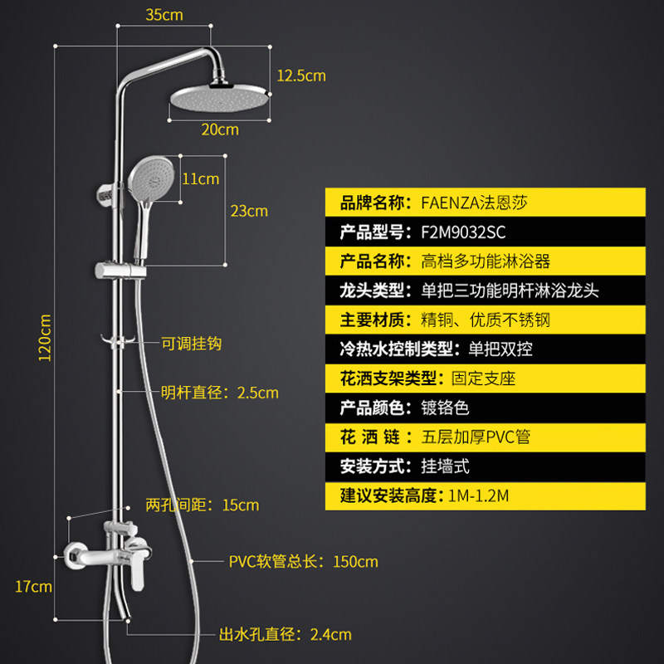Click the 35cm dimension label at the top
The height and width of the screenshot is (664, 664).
click(x=164, y=15)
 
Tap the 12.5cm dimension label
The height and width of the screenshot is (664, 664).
click(x=300, y=76)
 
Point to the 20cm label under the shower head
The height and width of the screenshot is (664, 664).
click(x=220, y=129)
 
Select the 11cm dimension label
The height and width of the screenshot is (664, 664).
click(x=200, y=178)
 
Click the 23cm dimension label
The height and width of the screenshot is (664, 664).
click(x=249, y=211)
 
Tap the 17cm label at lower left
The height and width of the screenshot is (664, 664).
click(x=33, y=587)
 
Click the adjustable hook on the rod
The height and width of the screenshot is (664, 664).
click(x=120, y=339)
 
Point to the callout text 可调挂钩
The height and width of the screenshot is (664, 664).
click(x=191, y=343)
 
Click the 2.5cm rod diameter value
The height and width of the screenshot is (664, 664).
click(x=256, y=393)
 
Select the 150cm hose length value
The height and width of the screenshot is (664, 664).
click(x=355, y=562)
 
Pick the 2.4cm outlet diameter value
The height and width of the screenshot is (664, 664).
click(x=330, y=635)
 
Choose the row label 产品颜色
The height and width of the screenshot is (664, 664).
click(x=372, y=408)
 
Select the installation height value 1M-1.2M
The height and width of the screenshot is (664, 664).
click(x=477, y=496)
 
